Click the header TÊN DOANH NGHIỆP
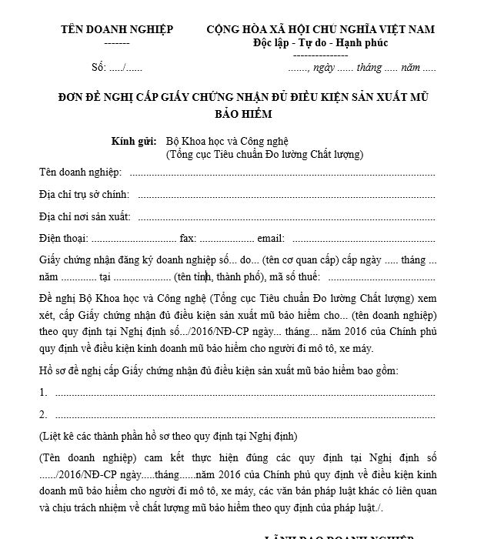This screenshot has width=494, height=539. coord(117,29)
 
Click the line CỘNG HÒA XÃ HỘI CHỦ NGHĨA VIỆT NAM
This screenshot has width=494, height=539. coord(320,29)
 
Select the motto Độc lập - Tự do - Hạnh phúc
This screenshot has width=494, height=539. coord(320,42)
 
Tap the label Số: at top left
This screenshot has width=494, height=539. coord(98,68)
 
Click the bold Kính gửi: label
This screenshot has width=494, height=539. coord(134,141)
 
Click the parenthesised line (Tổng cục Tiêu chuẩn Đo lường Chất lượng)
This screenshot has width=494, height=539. coord(264,154)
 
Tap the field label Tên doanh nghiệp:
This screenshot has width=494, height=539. coord(80,172)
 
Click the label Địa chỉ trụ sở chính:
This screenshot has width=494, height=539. coord(84,195)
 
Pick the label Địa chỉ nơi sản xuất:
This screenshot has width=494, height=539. coord(85,216)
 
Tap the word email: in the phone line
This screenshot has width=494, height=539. coord(271,239)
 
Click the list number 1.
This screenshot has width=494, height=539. coord(43,393)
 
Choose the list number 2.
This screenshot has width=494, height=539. coord(43,414)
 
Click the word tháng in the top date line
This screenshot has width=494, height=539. coord(369,68)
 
